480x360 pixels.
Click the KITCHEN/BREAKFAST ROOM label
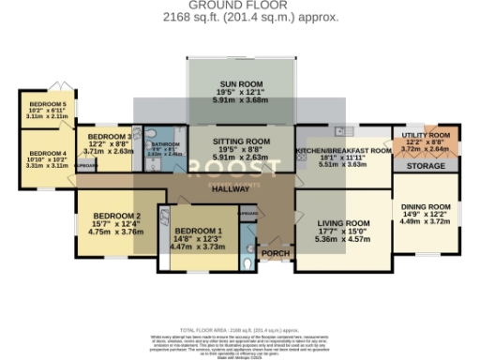pos(343,150)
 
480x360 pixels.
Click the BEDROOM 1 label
pos(197,231)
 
